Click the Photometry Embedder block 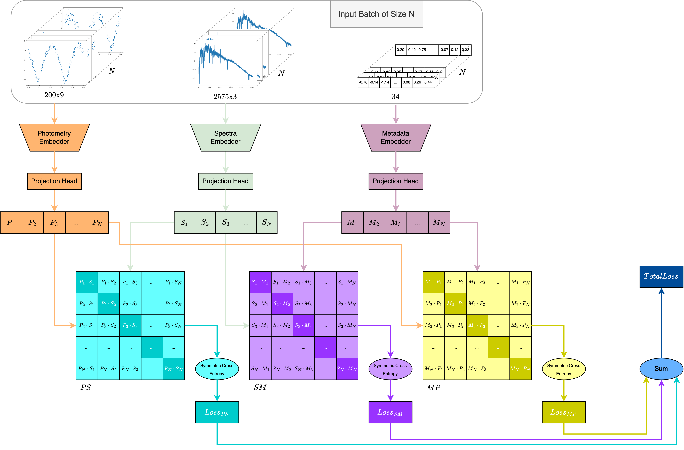click(x=54, y=137)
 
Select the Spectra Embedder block click(x=226, y=137)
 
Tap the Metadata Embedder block click(x=396, y=137)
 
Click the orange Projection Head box click(x=54, y=181)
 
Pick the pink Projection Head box click(x=396, y=181)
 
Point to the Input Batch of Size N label click(x=377, y=14)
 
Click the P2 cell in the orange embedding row click(x=33, y=223)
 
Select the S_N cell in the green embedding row click(x=267, y=223)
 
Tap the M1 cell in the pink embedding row click(x=352, y=223)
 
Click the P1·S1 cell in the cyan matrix click(x=87, y=282)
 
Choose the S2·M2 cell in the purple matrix click(x=282, y=304)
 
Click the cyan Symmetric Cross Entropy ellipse click(x=217, y=369)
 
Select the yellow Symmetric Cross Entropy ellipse click(x=564, y=369)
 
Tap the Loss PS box click(x=217, y=412)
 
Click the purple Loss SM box click(x=390, y=412)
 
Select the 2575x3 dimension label click(x=225, y=97)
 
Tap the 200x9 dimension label click(x=54, y=95)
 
